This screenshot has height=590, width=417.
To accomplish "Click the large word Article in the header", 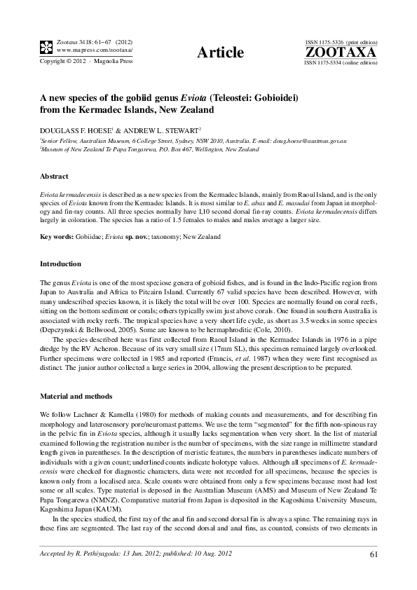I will (221, 53).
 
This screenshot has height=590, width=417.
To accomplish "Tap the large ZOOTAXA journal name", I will (341, 53).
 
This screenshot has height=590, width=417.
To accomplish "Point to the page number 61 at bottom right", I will (372, 556).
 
